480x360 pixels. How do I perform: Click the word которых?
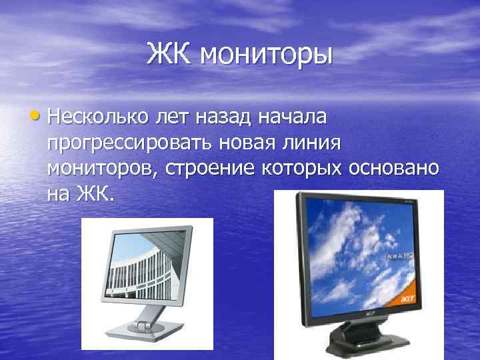tap(304, 169)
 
